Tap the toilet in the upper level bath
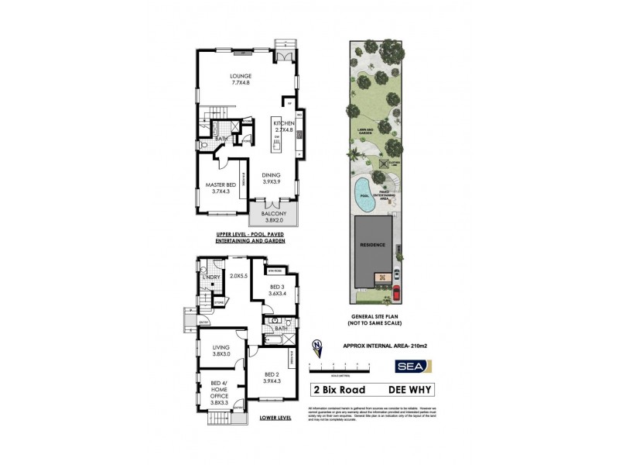click(203, 143)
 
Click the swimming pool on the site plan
click(361, 193)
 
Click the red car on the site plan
click(395, 293)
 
